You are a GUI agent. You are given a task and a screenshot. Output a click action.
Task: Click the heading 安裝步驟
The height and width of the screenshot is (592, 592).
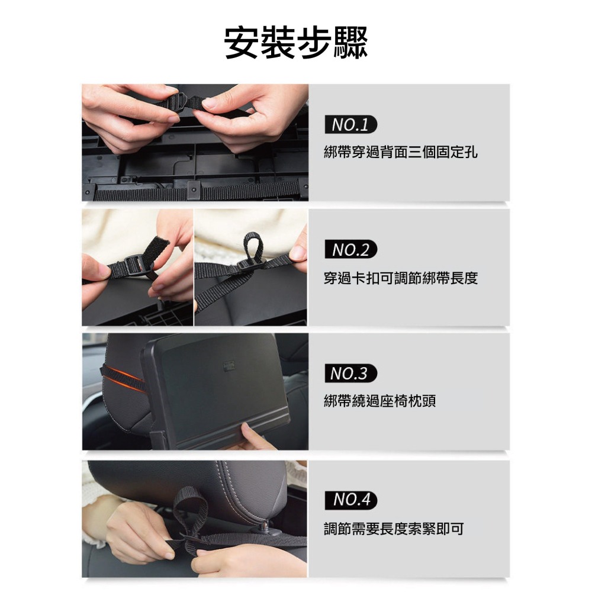tap(296, 43)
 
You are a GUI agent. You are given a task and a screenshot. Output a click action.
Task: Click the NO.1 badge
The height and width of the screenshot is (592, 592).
tap(350, 125)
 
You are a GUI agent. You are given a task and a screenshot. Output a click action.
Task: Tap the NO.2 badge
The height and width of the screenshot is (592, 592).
tap(350, 250)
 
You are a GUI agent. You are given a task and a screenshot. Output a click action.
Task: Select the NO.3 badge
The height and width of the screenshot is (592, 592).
tap(350, 374)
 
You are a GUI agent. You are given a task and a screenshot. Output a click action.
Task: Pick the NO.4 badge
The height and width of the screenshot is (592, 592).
tap(350, 500)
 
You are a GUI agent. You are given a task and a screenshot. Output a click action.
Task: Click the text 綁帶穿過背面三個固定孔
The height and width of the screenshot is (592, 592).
tap(401, 152)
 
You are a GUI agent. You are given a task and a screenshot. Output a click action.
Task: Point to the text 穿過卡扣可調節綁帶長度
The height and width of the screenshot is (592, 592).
tap(401, 278)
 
